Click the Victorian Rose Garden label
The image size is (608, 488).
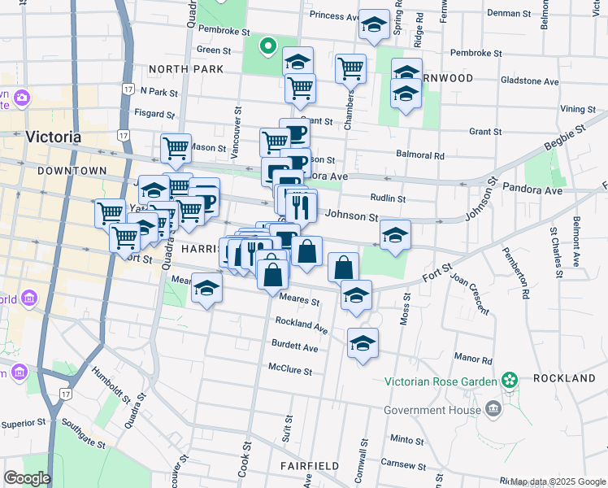pos(440,381)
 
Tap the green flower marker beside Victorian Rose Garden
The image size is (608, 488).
pos(510,380)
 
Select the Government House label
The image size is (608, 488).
pos(432,410)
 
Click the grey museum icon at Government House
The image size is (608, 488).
pos(493,407)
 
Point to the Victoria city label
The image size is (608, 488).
pos(54,137)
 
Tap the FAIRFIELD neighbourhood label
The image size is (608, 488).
pos(310,466)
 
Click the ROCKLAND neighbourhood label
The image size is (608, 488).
pos(564,379)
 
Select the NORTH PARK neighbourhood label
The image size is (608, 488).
pos(186,69)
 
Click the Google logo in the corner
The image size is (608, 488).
pos(27,477)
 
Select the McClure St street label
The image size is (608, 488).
pos(292,369)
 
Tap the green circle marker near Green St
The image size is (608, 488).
pos(266,46)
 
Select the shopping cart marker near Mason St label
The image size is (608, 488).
pos(176,147)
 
